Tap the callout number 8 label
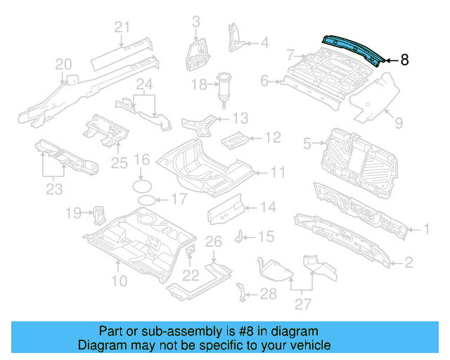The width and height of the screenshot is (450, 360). tap(404, 60)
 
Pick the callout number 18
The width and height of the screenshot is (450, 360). tap(200, 85)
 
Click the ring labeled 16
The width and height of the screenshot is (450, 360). tap(143, 186)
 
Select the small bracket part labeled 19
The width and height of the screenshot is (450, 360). tap(98, 212)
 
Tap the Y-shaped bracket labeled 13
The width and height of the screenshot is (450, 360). tap(202, 124)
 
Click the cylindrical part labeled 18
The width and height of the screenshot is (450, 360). tap(226, 90)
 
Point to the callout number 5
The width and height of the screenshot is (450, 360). tap(307, 144)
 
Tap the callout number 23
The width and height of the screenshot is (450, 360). tap(53, 188)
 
